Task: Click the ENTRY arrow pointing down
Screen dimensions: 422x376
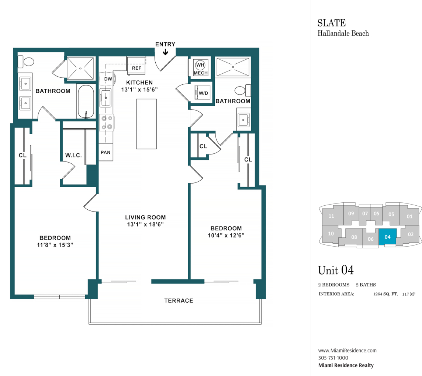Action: click(x=165, y=52)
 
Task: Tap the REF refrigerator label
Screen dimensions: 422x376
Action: click(x=136, y=68)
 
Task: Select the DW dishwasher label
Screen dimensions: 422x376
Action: click(x=108, y=79)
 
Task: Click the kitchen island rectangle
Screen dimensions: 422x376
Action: click(x=146, y=124)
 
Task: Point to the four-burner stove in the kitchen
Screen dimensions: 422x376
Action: click(x=107, y=122)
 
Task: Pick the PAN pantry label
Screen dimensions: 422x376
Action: click(x=106, y=152)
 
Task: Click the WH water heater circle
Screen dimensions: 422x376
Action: click(x=200, y=65)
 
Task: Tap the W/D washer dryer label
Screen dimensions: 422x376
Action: click(x=204, y=93)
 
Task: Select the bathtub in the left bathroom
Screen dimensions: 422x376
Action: click(x=86, y=102)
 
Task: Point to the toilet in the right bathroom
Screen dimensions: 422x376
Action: click(x=242, y=90)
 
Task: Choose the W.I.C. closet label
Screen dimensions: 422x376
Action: click(x=73, y=155)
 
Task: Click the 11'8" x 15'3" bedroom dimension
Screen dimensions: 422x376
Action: click(x=55, y=245)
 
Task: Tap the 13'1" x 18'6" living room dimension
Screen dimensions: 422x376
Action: click(x=145, y=224)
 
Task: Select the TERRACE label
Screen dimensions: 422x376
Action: click(x=179, y=300)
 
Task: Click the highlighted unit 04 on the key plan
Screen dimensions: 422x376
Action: click(x=388, y=237)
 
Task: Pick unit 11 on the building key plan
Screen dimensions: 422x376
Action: click(x=331, y=216)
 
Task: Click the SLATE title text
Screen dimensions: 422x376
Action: click(x=332, y=23)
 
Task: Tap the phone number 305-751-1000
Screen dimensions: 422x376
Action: click(x=333, y=358)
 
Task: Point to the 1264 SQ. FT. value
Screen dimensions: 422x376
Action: click(x=385, y=294)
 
